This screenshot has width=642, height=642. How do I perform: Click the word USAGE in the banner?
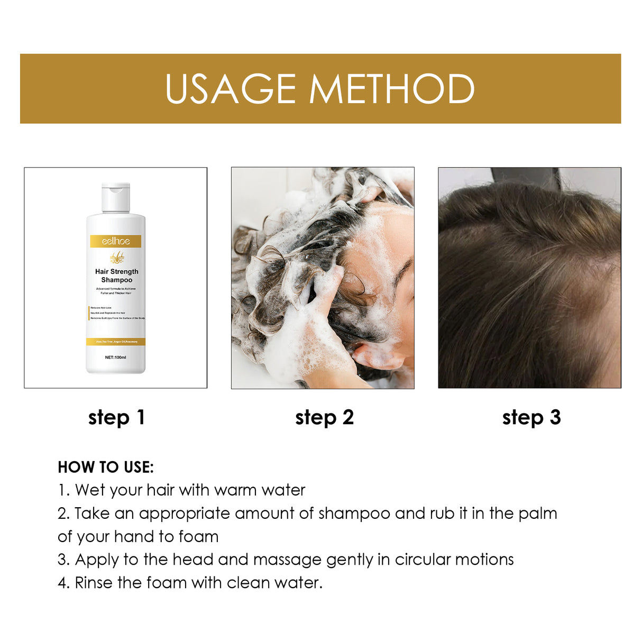231,88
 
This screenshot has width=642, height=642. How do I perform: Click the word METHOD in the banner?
392,88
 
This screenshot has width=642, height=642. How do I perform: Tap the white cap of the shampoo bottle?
116,198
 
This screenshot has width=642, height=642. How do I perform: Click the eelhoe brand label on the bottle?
116,241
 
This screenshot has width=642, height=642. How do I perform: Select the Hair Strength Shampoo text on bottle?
116,276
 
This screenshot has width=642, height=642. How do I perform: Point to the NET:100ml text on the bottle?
115,357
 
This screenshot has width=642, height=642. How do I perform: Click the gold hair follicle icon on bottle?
116,258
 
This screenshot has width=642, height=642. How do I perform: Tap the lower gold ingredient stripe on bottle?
116,342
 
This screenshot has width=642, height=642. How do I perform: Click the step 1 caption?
116,417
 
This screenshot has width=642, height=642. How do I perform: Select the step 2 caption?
324,417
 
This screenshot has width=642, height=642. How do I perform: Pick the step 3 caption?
531,417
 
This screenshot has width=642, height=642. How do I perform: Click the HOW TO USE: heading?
106,467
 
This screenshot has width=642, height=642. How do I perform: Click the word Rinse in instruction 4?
94,583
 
